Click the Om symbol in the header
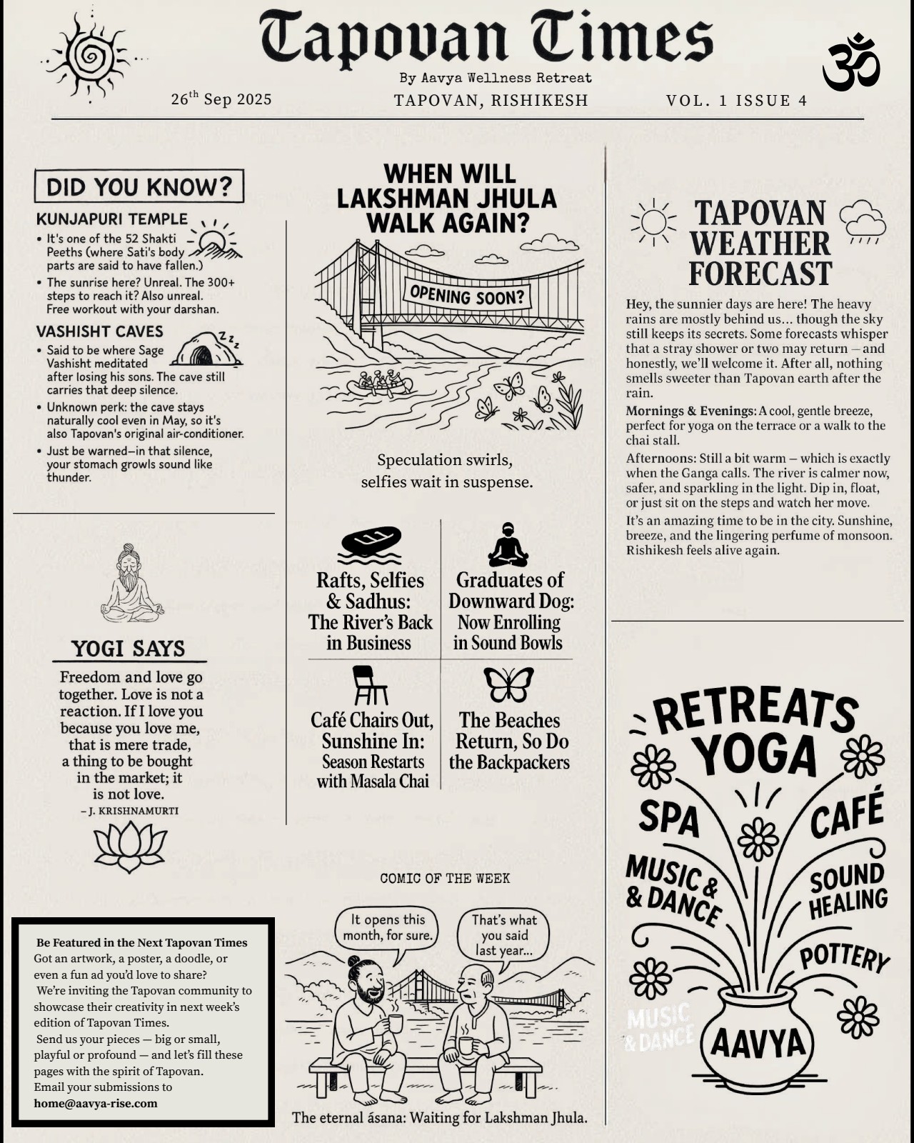(851, 63)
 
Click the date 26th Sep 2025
(221, 99)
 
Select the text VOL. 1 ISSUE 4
(736, 101)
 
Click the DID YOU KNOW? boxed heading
(139, 186)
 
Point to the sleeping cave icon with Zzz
(206, 349)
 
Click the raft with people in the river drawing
(379, 384)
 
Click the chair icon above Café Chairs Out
(370, 686)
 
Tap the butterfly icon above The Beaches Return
(508, 684)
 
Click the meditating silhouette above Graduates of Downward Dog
(508, 545)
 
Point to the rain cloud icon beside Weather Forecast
(863, 221)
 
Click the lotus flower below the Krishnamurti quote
(130, 846)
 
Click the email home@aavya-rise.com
(96, 1103)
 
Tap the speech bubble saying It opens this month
(386, 928)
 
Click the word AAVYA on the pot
(758, 1044)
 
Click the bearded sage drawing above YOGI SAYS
(130, 583)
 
